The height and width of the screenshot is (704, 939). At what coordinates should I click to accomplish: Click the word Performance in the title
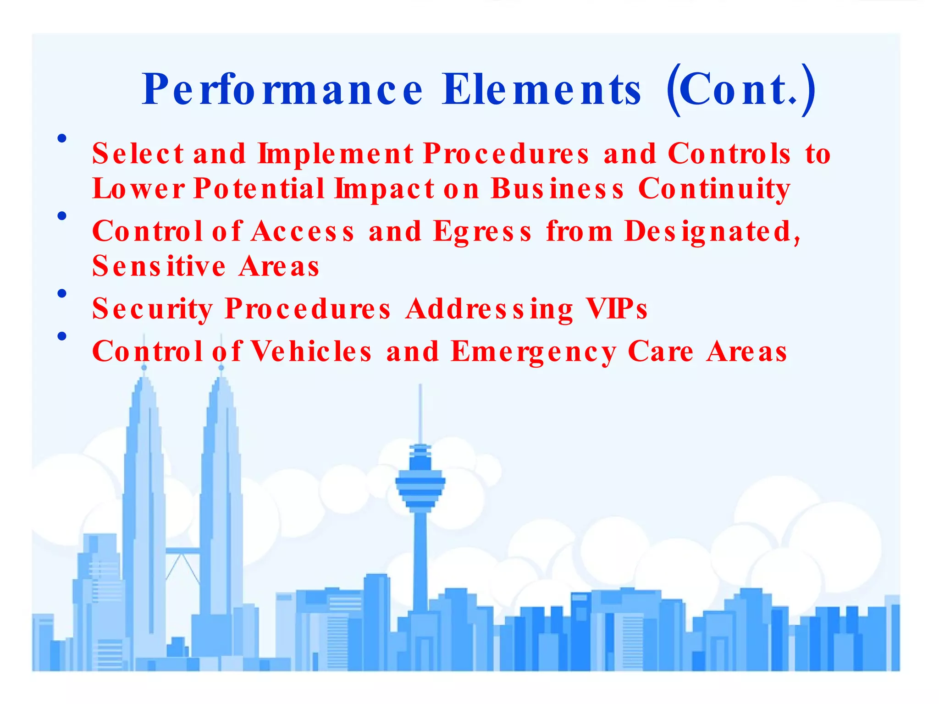(x=282, y=90)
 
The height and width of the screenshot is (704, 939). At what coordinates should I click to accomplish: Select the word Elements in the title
(x=541, y=90)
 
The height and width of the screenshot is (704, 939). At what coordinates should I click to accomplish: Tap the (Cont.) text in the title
(x=740, y=90)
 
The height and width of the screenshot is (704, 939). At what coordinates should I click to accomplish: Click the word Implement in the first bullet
(x=336, y=153)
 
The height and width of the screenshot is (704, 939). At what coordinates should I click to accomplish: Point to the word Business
(x=557, y=188)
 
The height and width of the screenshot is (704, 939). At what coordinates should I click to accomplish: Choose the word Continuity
(x=714, y=188)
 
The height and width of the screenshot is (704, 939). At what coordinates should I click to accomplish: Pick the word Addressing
(x=489, y=308)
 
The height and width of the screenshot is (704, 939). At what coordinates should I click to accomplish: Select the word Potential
(x=259, y=188)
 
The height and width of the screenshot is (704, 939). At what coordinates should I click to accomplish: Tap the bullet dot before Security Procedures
(x=62, y=293)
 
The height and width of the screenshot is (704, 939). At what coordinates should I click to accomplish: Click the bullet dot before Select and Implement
(x=62, y=138)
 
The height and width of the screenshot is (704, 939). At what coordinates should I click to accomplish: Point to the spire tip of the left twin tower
(x=144, y=367)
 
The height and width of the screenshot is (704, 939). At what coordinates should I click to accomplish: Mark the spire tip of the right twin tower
(x=221, y=367)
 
